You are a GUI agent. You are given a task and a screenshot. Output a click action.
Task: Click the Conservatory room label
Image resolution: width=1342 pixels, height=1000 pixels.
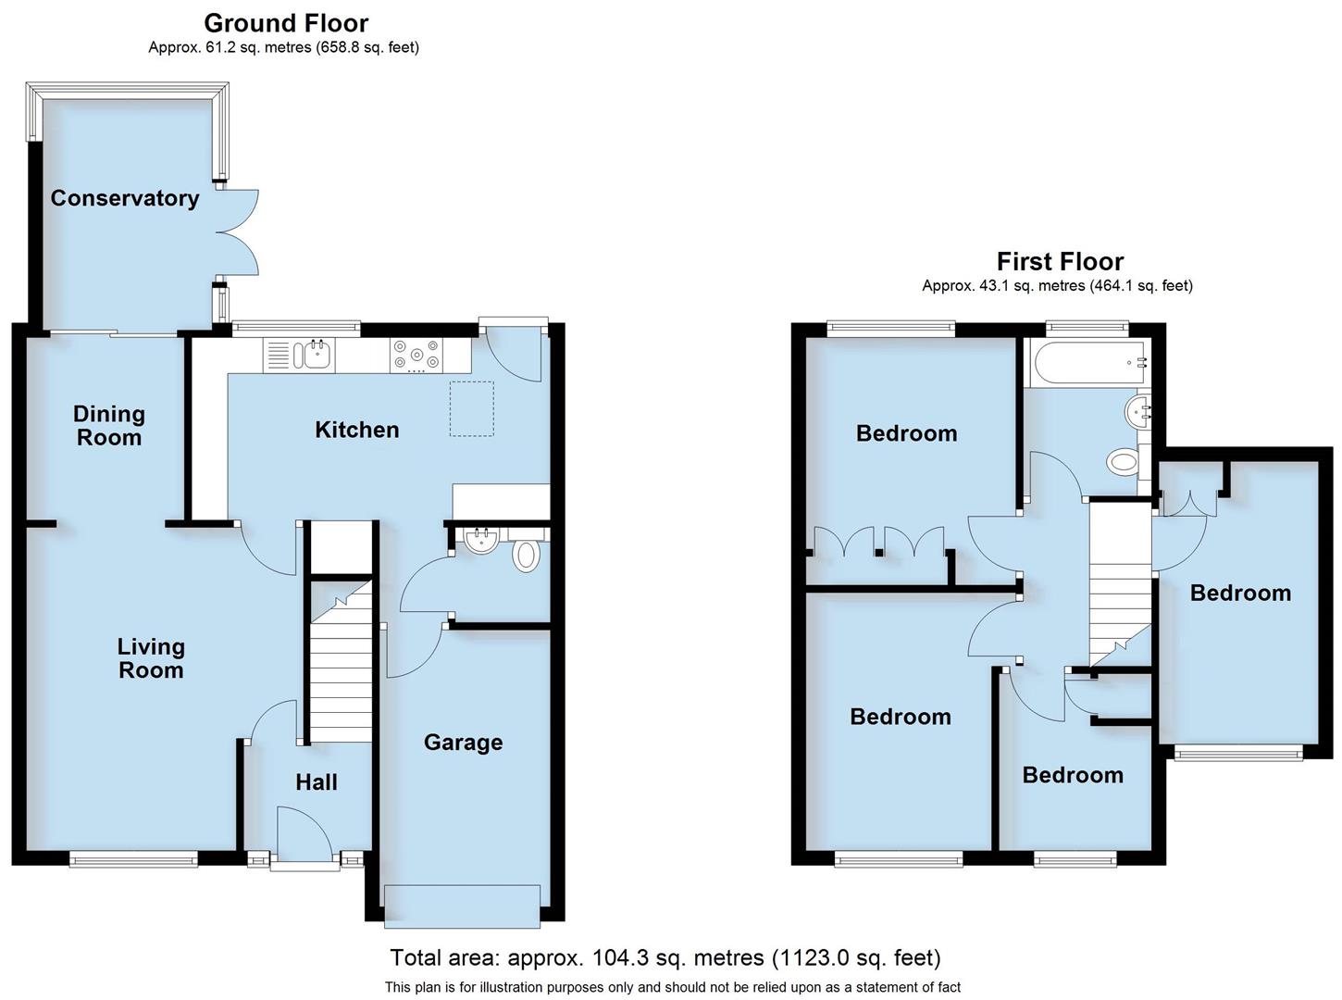click(x=124, y=198)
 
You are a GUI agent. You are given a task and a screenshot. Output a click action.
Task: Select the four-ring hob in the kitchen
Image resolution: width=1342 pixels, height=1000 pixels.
click(x=416, y=355)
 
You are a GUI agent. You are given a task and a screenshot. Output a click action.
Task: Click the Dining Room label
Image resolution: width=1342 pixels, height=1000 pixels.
click(x=109, y=426)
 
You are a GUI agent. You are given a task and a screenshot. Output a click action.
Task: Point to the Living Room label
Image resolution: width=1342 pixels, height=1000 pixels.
click(x=151, y=658)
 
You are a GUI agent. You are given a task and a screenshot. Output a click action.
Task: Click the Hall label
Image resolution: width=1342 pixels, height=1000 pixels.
click(x=316, y=782)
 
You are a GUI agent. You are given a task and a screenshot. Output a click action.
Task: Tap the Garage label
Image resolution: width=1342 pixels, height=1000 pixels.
click(x=463, y=743)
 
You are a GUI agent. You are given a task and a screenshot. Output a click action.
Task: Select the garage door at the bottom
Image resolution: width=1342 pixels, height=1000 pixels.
click(x=462, y=905)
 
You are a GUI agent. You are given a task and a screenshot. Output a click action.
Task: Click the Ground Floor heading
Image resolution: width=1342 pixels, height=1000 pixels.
click(x=286, y=23)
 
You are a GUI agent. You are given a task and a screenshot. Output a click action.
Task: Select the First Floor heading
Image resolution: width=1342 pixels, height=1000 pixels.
click(x=1060, y=261)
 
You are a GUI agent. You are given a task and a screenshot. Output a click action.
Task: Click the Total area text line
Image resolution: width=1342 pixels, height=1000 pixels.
click(x=665, y=957)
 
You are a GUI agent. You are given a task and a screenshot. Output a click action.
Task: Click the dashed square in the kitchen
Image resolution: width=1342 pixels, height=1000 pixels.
click(x=472, y=408)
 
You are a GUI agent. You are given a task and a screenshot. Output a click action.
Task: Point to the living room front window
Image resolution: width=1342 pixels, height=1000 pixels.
click(x=133, y=859)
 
